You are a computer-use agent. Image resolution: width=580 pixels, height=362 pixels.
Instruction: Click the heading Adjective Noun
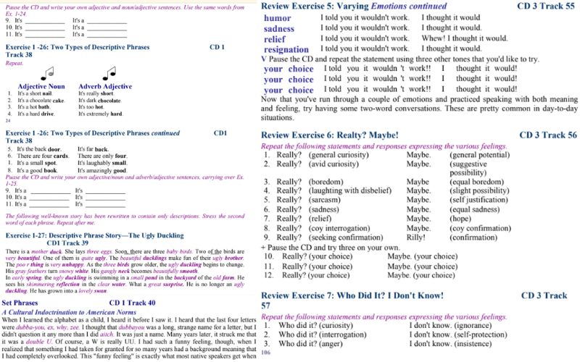pyautogui.click(x=41, y=86)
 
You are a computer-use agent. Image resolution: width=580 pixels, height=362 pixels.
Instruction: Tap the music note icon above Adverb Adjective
pyautogui.click(x=109, y=73)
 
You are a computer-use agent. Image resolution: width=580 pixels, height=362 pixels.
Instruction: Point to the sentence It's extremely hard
pyautogui.click(x=100, y=114)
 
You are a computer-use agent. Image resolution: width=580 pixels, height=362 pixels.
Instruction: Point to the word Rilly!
pyautogui.click(x=416, y=236)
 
